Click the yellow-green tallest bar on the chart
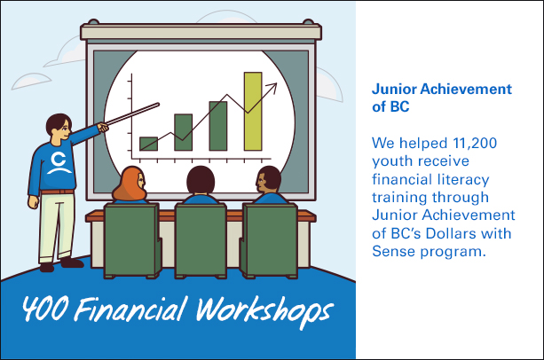[253, 111]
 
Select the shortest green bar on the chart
[148, 144]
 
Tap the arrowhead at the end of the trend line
[272, 88]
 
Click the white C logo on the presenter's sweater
[59, 162]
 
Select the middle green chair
[201, 240]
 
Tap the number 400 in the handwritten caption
[44, 308]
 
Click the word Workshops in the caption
[264, 311]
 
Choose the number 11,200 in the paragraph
[475, 143]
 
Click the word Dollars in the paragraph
[451, 233]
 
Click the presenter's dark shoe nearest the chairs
[72, 262]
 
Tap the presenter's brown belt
[58, 192]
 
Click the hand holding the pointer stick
[103, 127]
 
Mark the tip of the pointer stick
[158, 104]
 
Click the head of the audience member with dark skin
[268, 180]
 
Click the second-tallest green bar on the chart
[218, 126]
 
